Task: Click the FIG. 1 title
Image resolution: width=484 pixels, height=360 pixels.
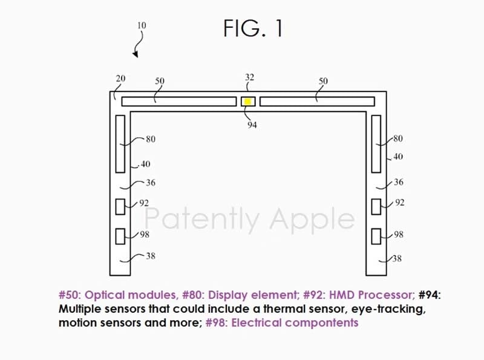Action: click(253, 28)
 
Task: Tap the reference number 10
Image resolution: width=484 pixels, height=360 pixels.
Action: click(142, 25)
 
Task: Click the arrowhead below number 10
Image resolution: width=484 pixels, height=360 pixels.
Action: click(136, 54)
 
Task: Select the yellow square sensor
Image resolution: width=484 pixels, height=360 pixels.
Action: click(247, 102)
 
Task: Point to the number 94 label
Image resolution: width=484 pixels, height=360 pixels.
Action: click(252, 125)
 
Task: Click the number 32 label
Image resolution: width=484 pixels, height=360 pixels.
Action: click(249, 77)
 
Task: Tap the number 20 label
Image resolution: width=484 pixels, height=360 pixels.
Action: click(120, 79)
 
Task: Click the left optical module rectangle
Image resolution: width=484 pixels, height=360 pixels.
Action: click(179, 102)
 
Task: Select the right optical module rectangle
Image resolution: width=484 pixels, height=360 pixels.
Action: click(317, 102)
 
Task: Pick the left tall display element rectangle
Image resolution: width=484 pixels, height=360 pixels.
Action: click(120, 144)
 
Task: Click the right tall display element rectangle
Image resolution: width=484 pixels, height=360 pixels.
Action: click(376, 144)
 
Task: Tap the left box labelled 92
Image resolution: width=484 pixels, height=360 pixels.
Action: click(120, 207)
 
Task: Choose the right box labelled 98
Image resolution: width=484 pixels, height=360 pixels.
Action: click(376, 236)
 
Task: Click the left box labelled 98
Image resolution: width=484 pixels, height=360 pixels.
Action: click(120, 236)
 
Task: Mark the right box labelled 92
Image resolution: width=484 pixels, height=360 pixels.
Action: click(376, 207)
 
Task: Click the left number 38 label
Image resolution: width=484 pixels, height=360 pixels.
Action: click(151, 256)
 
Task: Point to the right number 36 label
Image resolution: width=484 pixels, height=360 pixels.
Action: click(399, 182)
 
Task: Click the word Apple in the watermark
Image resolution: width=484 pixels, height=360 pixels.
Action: click(312, 219)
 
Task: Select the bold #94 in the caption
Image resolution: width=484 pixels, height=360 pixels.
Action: click(430, 295)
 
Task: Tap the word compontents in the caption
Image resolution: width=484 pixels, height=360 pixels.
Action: click(322, 323)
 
